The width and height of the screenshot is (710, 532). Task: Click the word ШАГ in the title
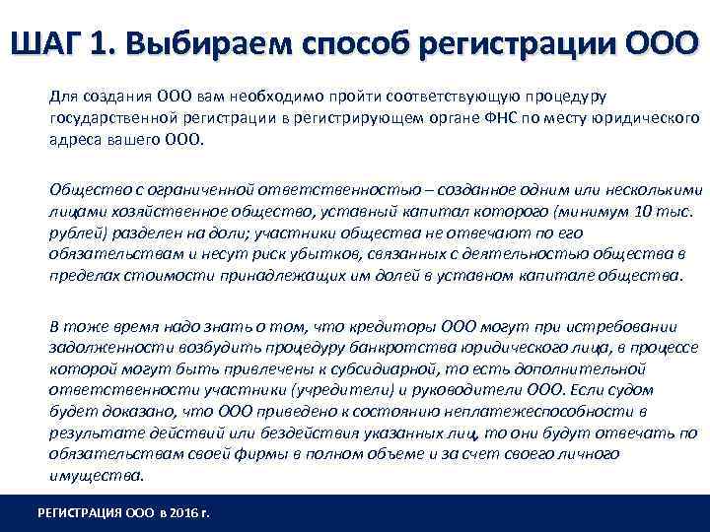[x=46, y=44]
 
